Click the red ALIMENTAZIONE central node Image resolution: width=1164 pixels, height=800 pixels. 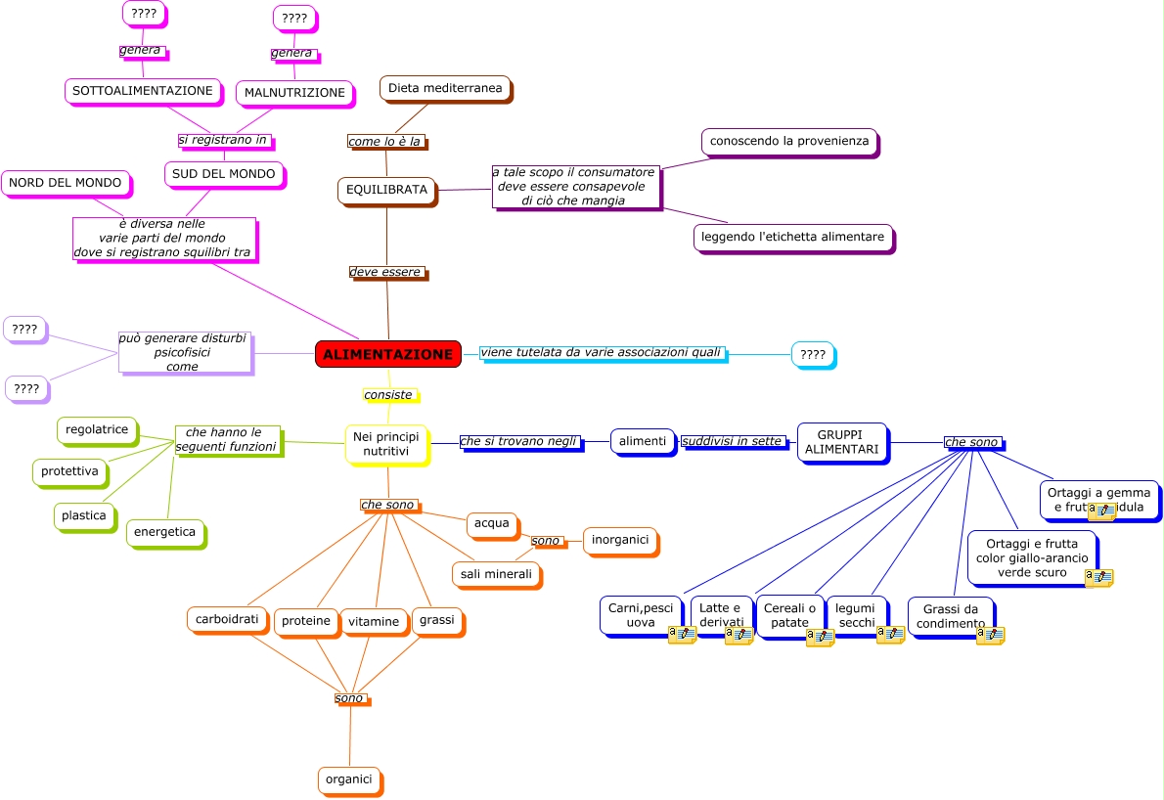click(388, 354)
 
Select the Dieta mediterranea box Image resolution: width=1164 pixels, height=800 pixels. click(445, 88)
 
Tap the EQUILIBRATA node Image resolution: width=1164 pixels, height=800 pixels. click(386, 190)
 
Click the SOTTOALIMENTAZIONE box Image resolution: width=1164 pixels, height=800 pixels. click(142, 91)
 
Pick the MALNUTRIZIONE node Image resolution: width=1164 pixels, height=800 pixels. click(294, 93)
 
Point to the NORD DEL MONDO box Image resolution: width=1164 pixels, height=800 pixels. click(66, 182)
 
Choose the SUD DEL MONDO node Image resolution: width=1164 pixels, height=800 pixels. click(224, 174)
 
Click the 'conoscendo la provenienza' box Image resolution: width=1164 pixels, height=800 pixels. click(789, 141)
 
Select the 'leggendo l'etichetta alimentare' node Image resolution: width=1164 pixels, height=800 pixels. click(793, 237)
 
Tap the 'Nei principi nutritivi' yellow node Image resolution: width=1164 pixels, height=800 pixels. click(387, 444)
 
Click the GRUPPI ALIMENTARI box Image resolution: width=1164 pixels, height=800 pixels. click(841, 442)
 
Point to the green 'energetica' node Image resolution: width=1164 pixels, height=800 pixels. click(164, 532)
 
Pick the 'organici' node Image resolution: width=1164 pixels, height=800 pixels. click(348, 779)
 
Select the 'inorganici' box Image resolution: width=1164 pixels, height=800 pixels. click(620, 540)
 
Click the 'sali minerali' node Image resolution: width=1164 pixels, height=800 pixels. click(496, 574)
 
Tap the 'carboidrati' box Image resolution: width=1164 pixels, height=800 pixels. click(227, 619)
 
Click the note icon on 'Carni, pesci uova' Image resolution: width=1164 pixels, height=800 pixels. click(681, 635)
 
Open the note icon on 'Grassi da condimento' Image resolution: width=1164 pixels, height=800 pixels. click(990, 635)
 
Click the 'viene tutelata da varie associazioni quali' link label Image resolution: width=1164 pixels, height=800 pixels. click(601, 352)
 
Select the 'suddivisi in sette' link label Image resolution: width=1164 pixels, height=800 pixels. click(733, 441)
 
